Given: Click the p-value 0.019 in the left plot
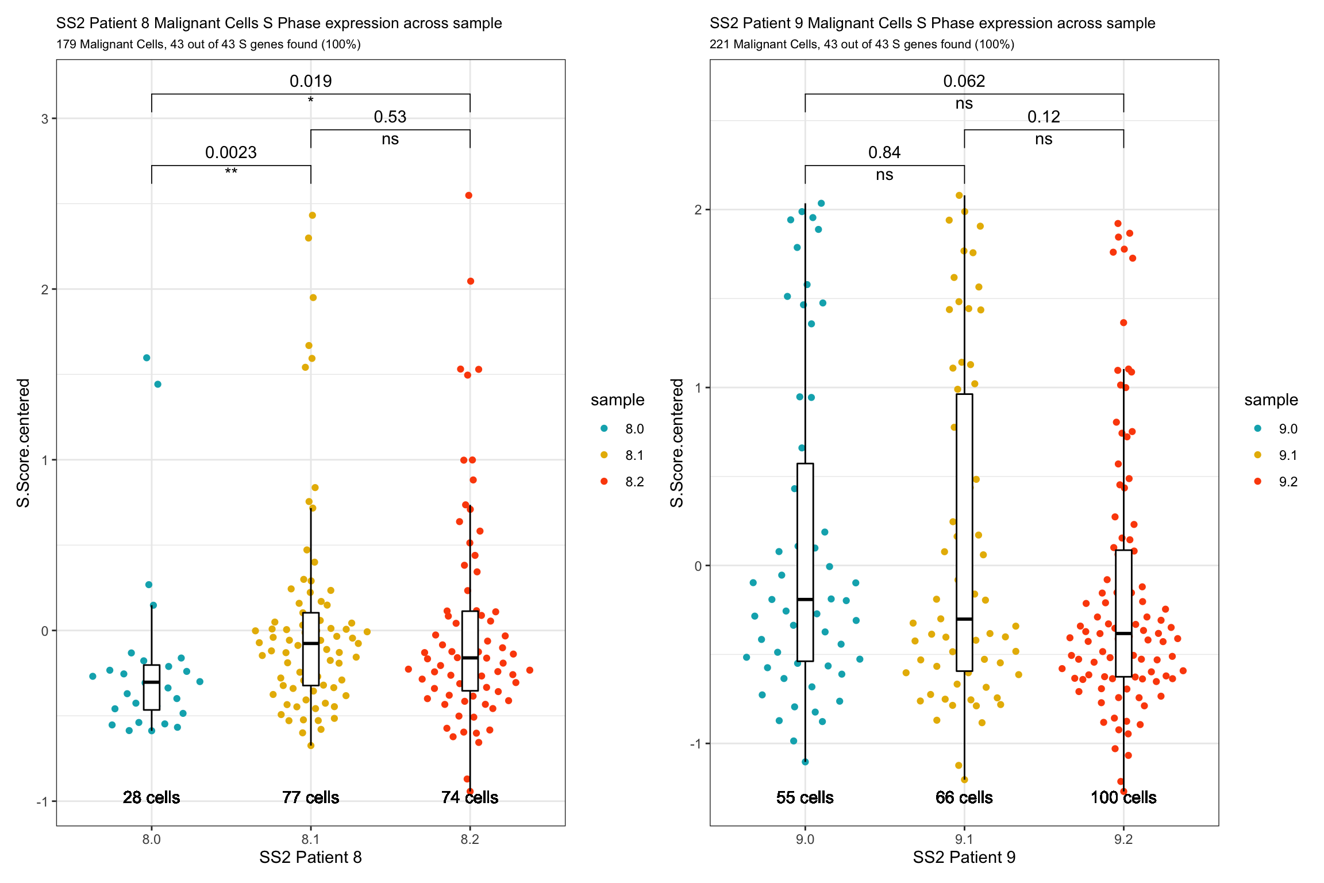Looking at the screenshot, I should tap(310, 81).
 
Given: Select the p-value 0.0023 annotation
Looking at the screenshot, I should tap(231, 152).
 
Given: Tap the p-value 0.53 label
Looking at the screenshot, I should tap(390, 117).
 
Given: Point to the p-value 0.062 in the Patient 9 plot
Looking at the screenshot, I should tap(964, 81).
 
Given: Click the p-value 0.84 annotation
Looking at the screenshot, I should tap(884, 152).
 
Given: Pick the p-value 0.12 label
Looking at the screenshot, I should tap(1044, 117).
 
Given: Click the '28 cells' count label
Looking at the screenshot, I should tap(151, 797).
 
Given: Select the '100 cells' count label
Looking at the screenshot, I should tap(1123, 797).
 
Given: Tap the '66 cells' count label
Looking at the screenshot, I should tap(964, 797).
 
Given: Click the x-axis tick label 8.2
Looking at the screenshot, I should tap(469, 839).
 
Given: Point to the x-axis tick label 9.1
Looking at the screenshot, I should tap(964, 839).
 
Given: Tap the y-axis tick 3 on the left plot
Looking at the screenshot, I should tap(45, 119).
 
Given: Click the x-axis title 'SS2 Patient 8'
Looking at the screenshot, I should tap(310, 858).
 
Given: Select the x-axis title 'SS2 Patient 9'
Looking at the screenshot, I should tap(964, 858).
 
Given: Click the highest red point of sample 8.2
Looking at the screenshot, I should tap(469, 195).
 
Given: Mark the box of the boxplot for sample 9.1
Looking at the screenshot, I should tap(964, 532).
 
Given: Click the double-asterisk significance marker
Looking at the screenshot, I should tap(231, 172).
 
